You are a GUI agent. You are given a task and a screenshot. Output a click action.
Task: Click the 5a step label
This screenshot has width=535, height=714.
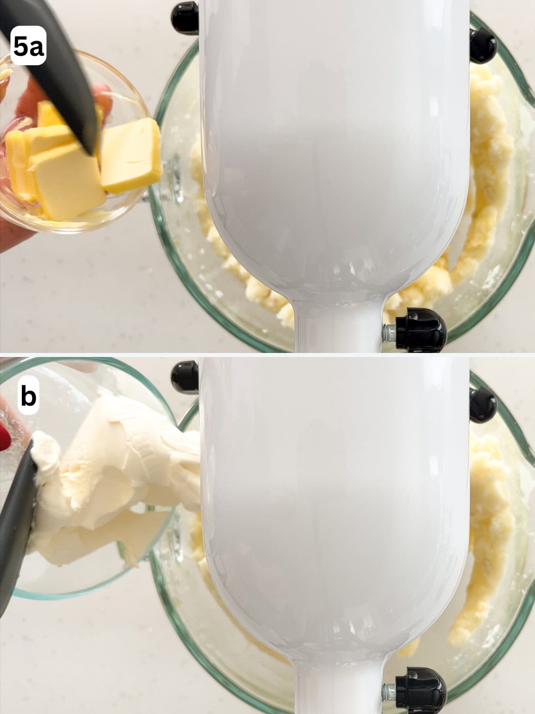pos(29,46)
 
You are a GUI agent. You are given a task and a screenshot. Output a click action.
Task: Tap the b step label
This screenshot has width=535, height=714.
pos(28,397)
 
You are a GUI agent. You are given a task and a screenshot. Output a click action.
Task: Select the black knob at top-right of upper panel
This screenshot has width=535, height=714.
pos(483,45)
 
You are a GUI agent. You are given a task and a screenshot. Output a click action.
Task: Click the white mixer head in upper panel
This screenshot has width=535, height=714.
pos(334,156)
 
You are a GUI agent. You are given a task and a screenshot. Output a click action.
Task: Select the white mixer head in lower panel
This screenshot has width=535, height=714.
pos(334,513)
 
